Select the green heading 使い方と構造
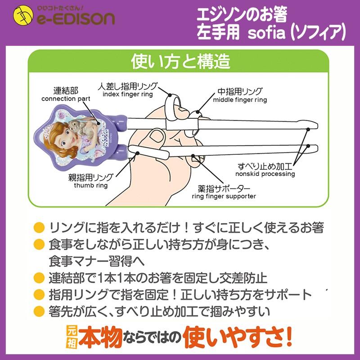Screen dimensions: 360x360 tap(180, 61)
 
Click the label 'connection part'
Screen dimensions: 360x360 tap(66, 99)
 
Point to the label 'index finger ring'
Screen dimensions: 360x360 tap(128, 94)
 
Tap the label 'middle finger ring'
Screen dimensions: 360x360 tap(240, 99)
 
